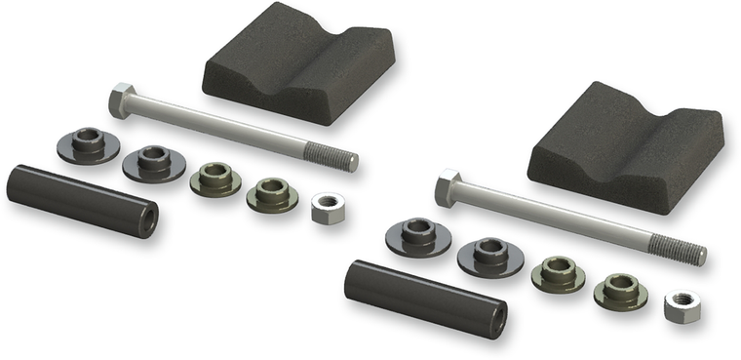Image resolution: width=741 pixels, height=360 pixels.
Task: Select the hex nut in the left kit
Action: pos(329,207)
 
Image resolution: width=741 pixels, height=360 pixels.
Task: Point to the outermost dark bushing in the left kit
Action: pos(88,144)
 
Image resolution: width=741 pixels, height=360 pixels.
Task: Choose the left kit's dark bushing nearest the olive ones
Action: pos(154,162)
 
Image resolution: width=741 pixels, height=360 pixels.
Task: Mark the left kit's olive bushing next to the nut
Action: pos(272,193)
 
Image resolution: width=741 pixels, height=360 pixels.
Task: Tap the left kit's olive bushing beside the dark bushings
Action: pos(215,179)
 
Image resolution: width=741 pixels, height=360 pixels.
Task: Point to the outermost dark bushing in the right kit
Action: pos(417,235)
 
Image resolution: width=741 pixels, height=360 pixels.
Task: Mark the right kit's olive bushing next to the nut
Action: pos(620,290)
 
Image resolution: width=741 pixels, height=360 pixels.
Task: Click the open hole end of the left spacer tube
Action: pos(148,220)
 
